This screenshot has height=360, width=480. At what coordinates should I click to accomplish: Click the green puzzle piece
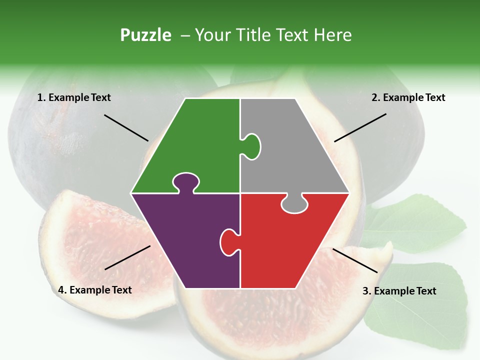[200, 145]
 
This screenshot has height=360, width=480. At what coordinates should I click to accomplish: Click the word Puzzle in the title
[145, 35]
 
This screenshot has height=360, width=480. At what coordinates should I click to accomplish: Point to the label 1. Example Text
[74, 97]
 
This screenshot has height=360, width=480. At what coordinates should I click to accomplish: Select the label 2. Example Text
[408, 97]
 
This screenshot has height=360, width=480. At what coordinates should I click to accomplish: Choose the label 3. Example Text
[399, 291]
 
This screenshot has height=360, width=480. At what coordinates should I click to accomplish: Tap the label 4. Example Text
[95, 290]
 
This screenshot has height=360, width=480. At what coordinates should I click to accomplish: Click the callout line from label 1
[126, 127]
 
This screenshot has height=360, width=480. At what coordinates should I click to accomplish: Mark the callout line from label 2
[360, 127]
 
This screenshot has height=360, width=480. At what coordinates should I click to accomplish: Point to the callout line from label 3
[355, 260]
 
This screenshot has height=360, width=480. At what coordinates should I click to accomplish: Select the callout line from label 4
[127, 257]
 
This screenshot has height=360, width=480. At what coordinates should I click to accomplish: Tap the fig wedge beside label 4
[85, 235]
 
